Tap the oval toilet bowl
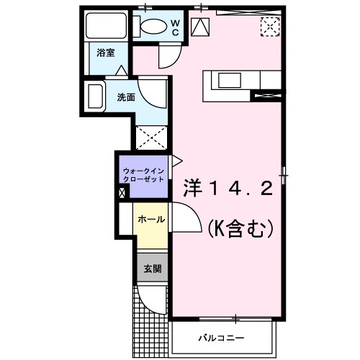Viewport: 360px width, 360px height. pyautogui.click(x=152, y=27)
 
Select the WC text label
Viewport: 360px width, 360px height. pyautogui.click(x=174, y=26)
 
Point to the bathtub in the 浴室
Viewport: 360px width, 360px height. pyautogui.click(x=104, y=27)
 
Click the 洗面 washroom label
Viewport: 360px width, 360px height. pyautogui.click(x=125, y=96)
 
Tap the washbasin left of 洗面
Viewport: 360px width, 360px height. pyautogui.click(x=94, y=96)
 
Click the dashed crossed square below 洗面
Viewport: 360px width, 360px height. pyautogui.click(x=151, y=137)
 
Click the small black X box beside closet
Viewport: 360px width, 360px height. pyautogui.click(x=122, y=192)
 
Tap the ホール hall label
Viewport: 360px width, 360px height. pyautogui.click(x=151, y=219)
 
